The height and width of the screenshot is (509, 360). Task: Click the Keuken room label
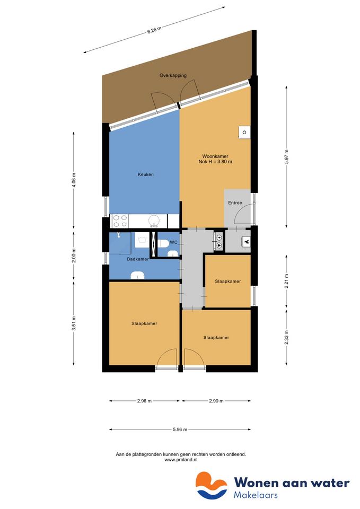145,174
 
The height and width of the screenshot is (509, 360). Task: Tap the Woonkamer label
215,156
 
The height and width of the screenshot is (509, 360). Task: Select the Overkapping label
173,75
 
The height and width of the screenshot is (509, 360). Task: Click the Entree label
235,203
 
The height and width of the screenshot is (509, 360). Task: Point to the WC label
174,242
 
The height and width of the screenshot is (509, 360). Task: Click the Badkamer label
138,259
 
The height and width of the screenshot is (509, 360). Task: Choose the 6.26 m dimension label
154,30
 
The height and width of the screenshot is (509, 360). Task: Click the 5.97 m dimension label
286,157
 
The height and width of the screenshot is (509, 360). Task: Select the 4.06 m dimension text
74,180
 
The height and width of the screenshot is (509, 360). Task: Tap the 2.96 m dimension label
144,401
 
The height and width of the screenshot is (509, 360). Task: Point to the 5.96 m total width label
180,429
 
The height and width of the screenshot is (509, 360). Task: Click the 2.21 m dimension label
286,281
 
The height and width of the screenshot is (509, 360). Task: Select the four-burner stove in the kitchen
119,221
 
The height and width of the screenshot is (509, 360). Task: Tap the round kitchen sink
154,221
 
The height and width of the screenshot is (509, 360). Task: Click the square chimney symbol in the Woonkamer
244,132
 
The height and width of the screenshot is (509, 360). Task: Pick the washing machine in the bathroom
142,241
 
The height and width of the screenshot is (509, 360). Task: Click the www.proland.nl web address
181,460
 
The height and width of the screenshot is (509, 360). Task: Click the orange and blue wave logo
212,486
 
